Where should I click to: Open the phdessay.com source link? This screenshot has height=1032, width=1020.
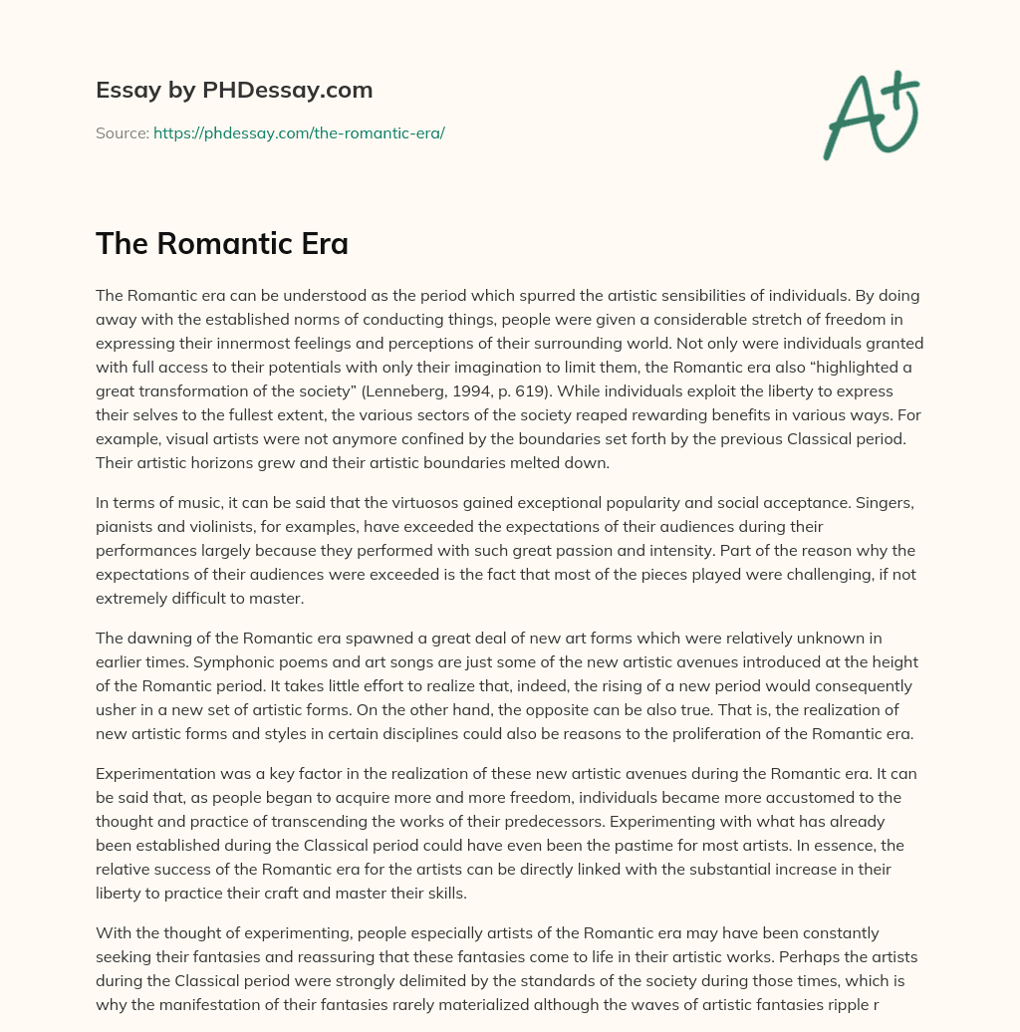[x=299, y=132]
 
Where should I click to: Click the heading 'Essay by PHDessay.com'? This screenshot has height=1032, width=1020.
[x=234, y=91]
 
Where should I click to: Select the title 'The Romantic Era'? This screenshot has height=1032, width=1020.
[x=222, y=244]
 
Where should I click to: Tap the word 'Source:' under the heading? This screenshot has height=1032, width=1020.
[x=122, y=132]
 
